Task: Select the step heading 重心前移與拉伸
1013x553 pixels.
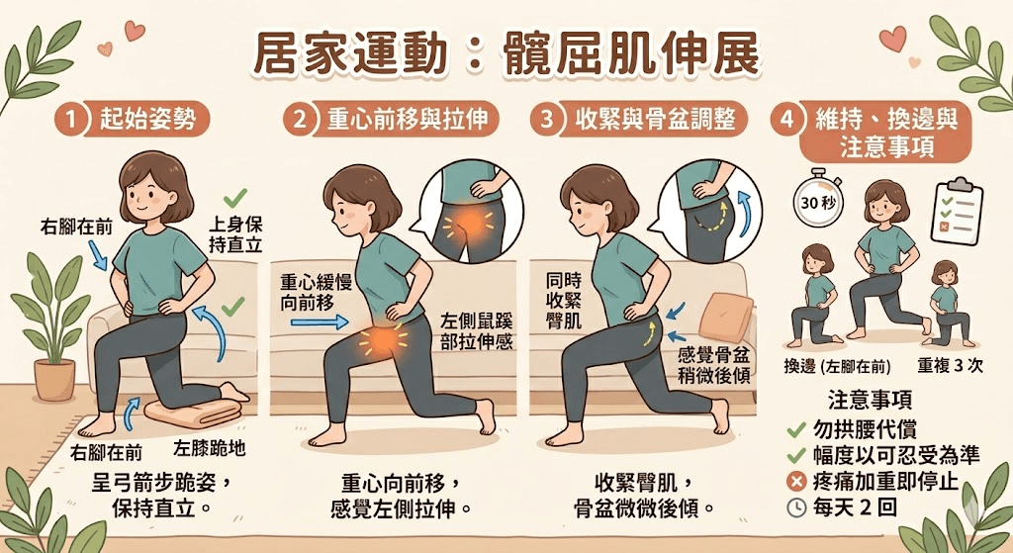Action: coord(407,119)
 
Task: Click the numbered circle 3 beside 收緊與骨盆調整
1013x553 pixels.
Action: coord(546,119)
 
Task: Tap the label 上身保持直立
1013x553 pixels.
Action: coord(235,233)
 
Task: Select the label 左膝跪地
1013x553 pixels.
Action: coord(210,448)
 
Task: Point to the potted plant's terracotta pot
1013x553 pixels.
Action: coord(54,379)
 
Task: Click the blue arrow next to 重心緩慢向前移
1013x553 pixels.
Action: coord(320,321)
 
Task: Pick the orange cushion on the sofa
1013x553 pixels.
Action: coord(725,317)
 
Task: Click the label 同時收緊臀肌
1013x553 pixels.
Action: coord(564,301)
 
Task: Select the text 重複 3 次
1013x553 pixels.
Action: coord(950,366)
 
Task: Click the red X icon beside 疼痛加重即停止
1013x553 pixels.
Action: coord(796,482)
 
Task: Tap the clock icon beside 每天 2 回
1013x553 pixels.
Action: coord(796,507)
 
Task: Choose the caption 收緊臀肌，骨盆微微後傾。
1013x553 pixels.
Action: coord(644,495)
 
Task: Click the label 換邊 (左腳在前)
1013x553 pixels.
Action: coord(837,367)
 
